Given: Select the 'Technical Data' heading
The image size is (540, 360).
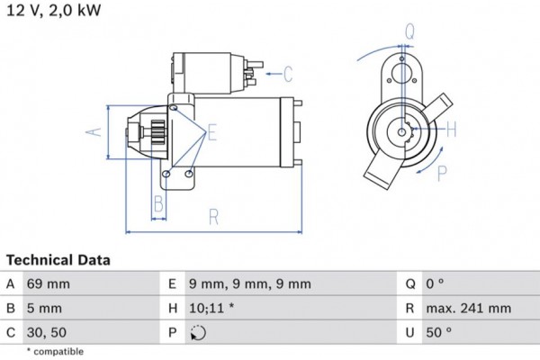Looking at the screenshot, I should (59, 260).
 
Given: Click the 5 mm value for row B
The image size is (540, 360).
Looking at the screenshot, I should (43, 309).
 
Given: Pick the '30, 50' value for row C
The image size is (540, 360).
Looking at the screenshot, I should (46, 332).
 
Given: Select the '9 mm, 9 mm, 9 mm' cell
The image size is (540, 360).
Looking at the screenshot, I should (251, 284).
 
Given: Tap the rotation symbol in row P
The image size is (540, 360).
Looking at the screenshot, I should (200, 333).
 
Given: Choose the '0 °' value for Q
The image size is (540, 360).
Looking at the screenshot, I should (435, 284).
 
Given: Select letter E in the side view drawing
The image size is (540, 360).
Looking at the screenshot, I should (212, 133).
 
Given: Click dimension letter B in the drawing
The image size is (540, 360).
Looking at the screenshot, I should (157, 202).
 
